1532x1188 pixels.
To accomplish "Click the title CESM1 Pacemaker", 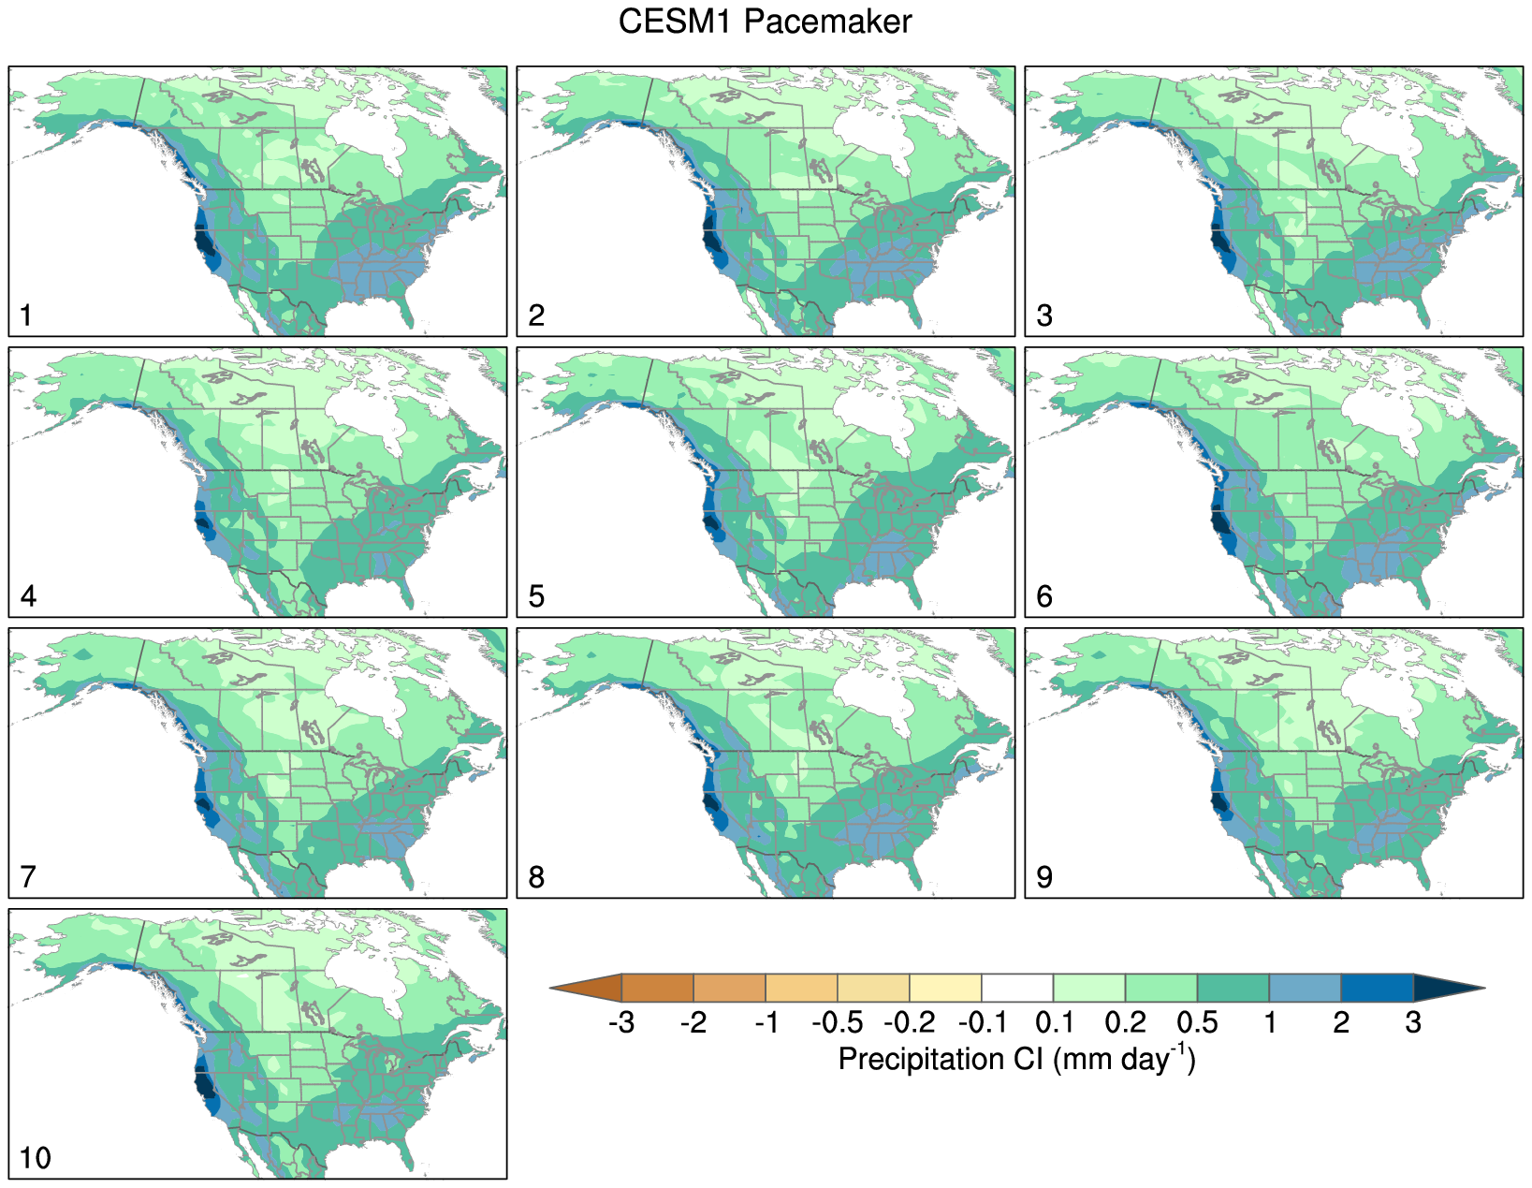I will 765,22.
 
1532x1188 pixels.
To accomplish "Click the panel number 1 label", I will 26,315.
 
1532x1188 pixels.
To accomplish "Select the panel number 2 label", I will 536,315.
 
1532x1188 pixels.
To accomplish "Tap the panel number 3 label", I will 1044,315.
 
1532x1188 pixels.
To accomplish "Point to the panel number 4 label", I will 28,596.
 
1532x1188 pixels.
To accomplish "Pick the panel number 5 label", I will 536,596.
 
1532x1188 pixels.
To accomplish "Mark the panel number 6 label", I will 1044,596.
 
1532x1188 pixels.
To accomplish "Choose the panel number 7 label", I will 28,877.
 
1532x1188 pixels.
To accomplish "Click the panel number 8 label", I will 536,877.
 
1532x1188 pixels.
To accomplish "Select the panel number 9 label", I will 1044,877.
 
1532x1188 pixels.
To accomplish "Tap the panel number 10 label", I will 36,1158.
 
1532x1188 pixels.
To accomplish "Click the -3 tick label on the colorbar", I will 621,1023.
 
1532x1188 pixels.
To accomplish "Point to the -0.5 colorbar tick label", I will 837,1023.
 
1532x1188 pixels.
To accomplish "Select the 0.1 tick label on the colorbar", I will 1053,1023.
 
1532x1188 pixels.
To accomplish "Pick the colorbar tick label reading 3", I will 1413,1023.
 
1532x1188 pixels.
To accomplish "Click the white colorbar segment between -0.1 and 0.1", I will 1017,988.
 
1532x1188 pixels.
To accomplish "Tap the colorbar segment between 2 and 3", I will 1377,988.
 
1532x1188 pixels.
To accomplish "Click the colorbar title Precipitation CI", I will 1016,1059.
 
